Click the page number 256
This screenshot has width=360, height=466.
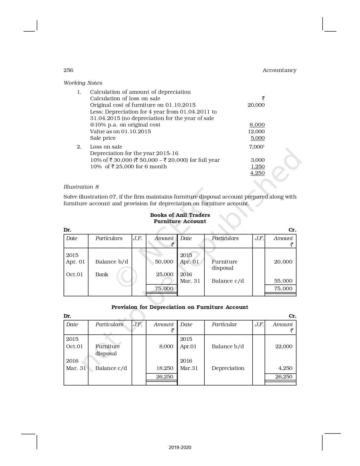click(x=68, y=70)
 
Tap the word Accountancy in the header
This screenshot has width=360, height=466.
click(x=279, y=70)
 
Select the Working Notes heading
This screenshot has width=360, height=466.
click(x=83, y=83)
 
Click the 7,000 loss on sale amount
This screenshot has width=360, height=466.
click(x=256, y=147)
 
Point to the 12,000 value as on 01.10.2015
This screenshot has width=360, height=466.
click(x=256, y=132)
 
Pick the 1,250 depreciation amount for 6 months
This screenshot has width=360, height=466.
click(x=258, y=167)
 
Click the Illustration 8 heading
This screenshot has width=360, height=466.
click(x=81, y=187)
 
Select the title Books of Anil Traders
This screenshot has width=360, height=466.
click(x=180, y=215)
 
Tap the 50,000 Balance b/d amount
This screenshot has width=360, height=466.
click(x=164, y=262)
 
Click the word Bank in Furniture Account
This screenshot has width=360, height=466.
click(x=102, y=275)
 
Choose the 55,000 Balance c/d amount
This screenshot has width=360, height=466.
click(x=283, y=281)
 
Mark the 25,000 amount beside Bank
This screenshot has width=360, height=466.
click(x=165, y=275)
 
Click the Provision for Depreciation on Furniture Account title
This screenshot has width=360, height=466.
click(x=180, y=307)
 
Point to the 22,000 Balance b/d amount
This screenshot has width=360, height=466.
click(x=284, y=347)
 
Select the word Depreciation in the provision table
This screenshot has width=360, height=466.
click(x=228, y=368)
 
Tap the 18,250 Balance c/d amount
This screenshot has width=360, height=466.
click(x=165, y=368)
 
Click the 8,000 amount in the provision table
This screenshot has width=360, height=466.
click(x=166, y=347)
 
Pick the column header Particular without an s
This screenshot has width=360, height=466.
click(x=224, y=325)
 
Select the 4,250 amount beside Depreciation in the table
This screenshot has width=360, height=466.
click(x=285, y=368)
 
